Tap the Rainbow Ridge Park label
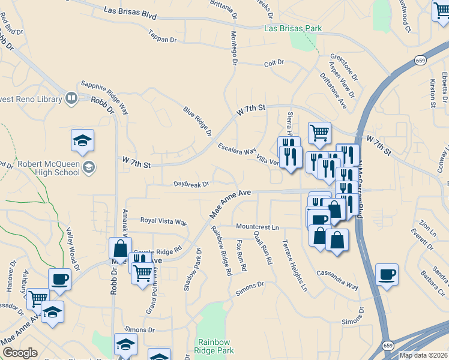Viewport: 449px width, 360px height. (214, 346)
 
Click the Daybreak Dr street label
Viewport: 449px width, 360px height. (191, 184)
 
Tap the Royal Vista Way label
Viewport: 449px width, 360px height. (163, 221)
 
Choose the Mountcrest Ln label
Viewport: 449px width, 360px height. (258, 227)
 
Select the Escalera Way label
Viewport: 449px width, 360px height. (237, 149)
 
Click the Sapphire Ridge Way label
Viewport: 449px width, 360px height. (105, 98)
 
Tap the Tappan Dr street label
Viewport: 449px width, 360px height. (162, 40)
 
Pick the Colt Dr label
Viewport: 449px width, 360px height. (274, 63)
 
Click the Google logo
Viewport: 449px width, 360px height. (19, 353)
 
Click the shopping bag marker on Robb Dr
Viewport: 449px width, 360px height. (120, 248)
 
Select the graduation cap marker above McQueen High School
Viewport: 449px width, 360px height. (83, 141)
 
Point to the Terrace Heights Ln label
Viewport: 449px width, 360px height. (295, 266)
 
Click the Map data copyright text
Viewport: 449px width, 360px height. (423, 355)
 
